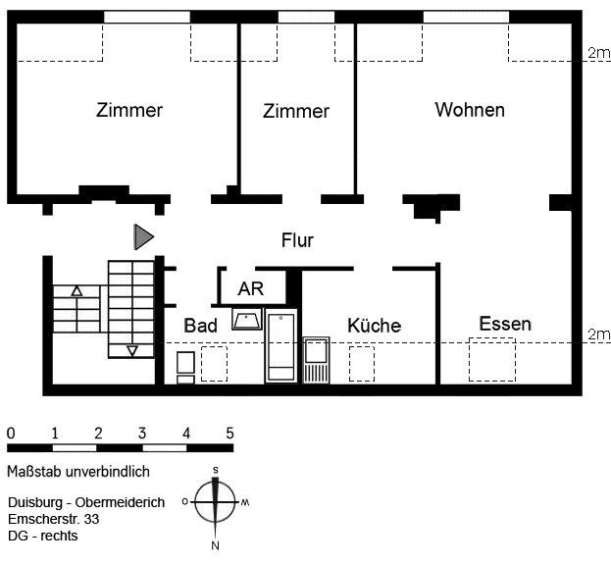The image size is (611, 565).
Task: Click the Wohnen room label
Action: pyautogui.click(x=470, y=110)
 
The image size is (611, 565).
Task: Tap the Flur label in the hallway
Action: pyautogui.click(x=297, y=240)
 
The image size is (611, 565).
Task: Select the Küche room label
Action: pyautogui.click(x=374, y=326)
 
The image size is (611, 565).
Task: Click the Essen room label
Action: pyautogui.click(x=505, y=324)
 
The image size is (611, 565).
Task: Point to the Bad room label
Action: pyautogui.click(x=200, y=326)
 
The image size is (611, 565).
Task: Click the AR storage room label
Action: pyautogui.click(x=251, y=289)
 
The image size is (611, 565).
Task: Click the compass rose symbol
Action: pyautogui.click(x=216, y=501)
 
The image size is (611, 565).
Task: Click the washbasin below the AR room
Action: pyautogui.click(x=245, y=319)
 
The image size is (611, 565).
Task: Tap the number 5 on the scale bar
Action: pyautogui.click(x=229, y=433)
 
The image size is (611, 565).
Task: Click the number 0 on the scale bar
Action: pyautogui.click(x=10, y=433)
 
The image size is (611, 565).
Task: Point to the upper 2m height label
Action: pyautogui.click(x=597, y=53)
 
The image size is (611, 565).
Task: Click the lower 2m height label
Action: pyautogui.click(x=597, y=335)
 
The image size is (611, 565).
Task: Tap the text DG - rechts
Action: pyautogui.click(x=41, y=536)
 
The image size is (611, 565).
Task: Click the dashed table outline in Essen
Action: pyautogui.click(x=492, y=359)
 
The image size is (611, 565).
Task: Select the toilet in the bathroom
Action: pyautogui.click(x=185, y=366)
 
